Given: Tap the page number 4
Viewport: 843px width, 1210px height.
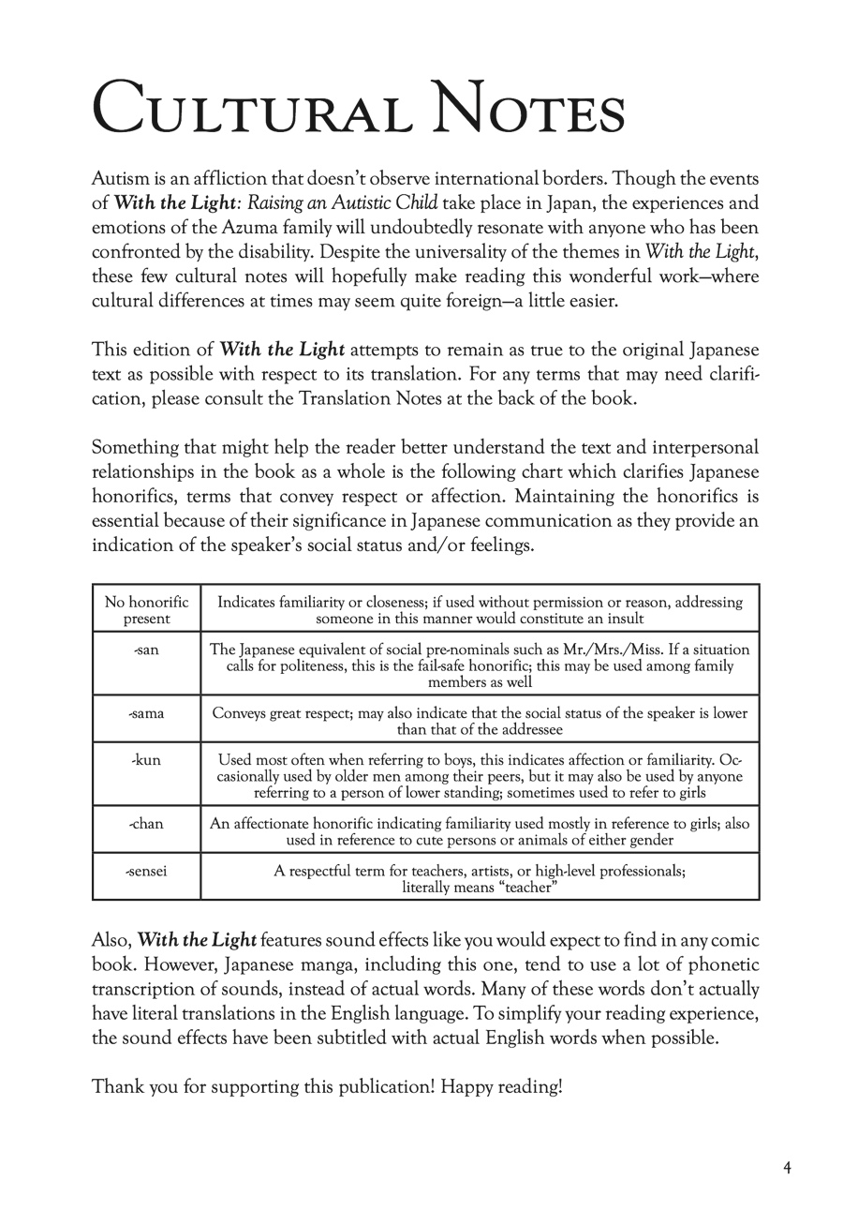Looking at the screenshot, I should click(x=788, y=1168).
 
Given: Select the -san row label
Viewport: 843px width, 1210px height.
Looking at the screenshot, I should click(x=146, y=650).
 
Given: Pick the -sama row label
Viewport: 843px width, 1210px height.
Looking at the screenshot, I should click(x=146, y=713).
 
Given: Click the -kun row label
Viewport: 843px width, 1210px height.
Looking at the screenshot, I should click(x=146, y=760).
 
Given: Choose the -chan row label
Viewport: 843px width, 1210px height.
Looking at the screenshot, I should click(x=146, y=824).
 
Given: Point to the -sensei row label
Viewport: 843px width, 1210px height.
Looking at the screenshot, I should click(x=146, y=871).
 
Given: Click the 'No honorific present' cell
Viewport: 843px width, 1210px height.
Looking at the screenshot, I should click(x=146, y=610).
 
